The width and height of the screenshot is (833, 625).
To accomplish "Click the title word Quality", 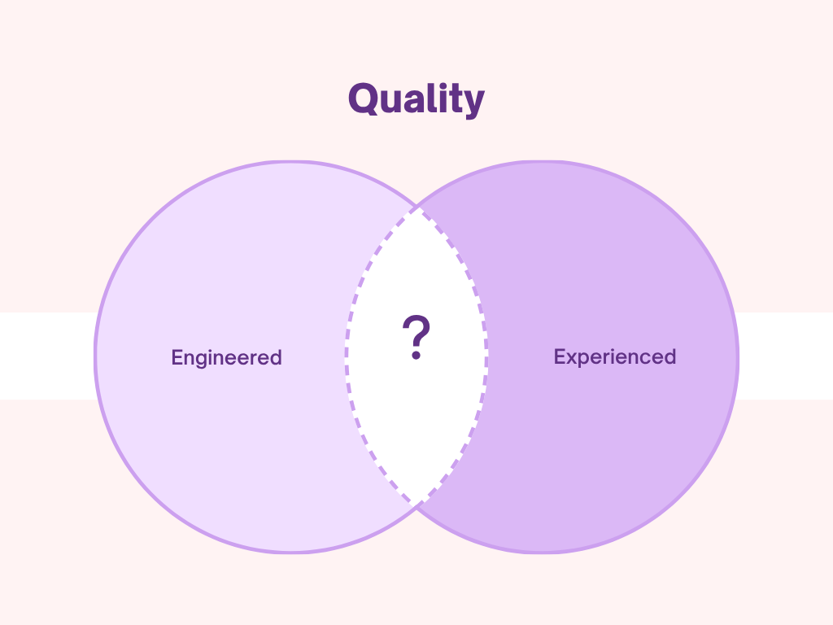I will coord(416,100).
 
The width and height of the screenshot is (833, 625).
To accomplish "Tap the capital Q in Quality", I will coord(363,99).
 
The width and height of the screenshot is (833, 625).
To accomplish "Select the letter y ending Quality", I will coord(473,104).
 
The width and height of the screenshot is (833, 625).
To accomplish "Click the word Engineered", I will coord(226,357).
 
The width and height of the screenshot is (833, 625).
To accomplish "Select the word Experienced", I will coord(614,356).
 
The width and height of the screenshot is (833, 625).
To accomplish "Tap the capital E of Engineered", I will coord(177,357).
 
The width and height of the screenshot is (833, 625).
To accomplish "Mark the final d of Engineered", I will coord(276,357).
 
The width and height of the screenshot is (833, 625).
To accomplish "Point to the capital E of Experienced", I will coord(560,356).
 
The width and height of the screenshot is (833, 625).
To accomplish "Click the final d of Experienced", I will coord(669,356).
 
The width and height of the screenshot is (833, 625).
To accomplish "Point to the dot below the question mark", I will coord(416,356).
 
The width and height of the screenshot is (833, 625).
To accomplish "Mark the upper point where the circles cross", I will coord(416,207).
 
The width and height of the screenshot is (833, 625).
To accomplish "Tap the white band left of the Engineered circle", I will coord(45,356).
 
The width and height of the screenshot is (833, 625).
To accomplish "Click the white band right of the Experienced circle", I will coord(786,356).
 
